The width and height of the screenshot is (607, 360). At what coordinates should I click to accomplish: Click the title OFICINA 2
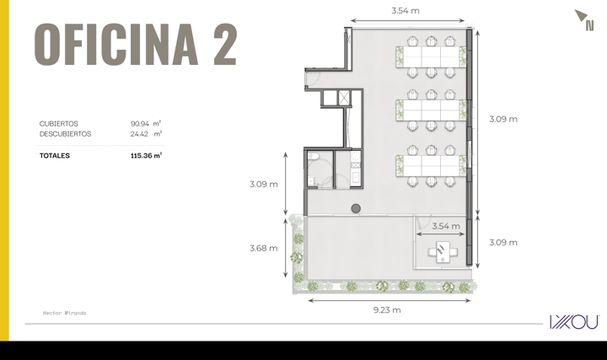point(136,44)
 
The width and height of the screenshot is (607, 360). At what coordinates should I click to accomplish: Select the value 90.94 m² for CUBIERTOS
point(146,123)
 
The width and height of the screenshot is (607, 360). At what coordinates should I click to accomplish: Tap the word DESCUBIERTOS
point(66,134)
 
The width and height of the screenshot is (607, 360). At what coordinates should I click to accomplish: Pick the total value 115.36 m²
point(146,156)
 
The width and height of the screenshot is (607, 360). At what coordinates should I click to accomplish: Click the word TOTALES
point(55,156)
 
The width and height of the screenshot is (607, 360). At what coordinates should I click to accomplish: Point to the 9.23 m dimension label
point(387,310)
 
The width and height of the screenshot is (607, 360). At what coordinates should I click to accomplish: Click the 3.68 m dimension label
point(264,248)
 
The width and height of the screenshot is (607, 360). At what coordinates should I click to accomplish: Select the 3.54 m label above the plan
point(406,11)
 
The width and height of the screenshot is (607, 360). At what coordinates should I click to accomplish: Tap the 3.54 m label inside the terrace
point(446,226)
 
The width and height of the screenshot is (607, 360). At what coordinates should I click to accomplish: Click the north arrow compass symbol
point(584,19)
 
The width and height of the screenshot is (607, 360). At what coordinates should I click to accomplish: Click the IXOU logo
point(574,322)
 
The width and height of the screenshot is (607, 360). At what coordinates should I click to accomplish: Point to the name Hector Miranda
point(64,313)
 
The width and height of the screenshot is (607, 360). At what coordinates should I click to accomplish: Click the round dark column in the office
point(356,208)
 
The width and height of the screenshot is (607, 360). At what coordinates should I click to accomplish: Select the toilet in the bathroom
point(313,156)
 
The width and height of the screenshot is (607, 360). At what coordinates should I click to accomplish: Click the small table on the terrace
point(443,252)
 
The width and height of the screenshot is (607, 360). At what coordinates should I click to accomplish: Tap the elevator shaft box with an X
point(344,97)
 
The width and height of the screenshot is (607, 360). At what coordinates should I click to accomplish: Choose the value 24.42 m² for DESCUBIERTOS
point(146,134)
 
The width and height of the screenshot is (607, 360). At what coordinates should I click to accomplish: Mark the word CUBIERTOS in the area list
point(59,123)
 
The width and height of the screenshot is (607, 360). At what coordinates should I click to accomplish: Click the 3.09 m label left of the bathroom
point(264,185)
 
